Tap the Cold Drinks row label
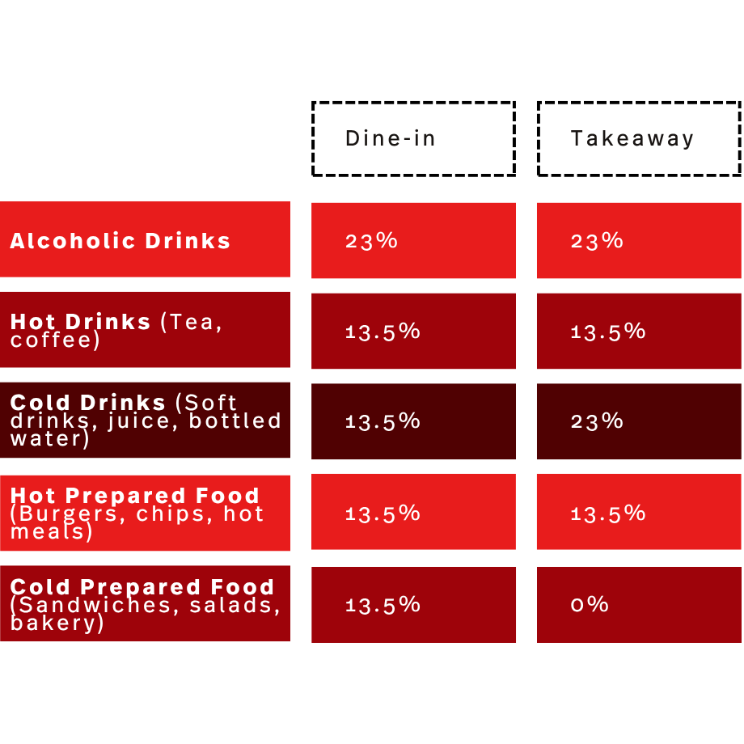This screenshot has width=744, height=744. click(145, 421)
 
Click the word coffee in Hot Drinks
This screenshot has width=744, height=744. click(51, 340)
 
